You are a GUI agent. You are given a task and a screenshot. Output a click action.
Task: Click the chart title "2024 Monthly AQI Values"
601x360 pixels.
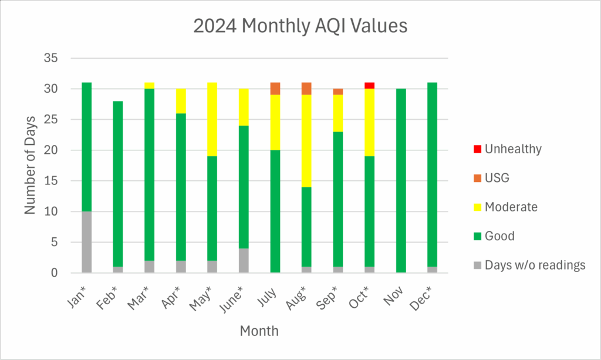(x=300, y=27)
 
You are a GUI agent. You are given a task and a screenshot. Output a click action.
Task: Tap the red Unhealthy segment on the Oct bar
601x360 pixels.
(x=369, y=86)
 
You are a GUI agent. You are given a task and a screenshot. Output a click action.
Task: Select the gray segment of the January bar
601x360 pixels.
(x=86, y=242)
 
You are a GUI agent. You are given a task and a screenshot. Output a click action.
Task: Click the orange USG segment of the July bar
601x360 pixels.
(x=275, y=89)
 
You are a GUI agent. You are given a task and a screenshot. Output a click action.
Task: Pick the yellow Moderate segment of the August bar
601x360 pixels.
(x=306, y=140)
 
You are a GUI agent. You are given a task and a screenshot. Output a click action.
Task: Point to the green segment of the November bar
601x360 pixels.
(x=401, y=180)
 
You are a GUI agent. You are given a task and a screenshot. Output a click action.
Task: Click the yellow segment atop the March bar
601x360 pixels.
(x=149, y=86)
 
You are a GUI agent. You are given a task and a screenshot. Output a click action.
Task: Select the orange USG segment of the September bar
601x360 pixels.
(x=338, y=92)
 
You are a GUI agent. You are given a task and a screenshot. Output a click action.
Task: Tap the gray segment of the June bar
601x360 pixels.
(x=244, y=260)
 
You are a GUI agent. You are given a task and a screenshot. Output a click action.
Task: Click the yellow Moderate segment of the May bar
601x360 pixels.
(x=212, y=119)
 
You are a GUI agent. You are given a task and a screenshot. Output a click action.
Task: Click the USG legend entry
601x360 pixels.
(x=497, y=178)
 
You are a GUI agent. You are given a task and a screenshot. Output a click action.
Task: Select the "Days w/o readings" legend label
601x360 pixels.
(x=535, y=265)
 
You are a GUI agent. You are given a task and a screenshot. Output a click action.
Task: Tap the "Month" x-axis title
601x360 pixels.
(x=259, y=331)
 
